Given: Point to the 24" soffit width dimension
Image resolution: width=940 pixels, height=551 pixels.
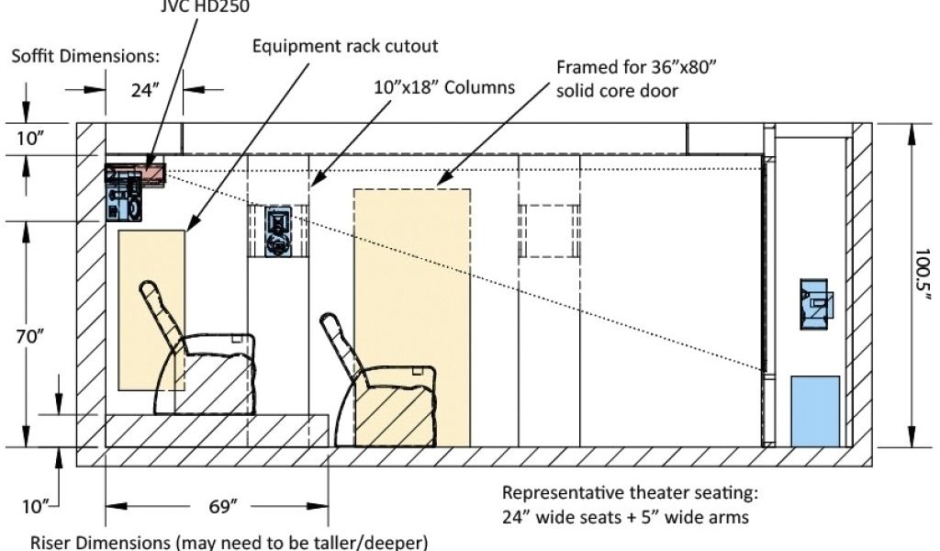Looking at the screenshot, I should (142, 89).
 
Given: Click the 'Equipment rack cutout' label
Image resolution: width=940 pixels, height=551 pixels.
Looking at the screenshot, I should (345, 45).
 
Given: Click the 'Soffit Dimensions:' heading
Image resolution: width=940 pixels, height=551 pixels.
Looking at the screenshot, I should (85, 56).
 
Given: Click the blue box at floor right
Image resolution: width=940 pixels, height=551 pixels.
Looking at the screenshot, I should (815, 410).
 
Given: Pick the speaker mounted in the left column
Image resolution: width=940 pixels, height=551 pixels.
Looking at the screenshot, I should (277, 231).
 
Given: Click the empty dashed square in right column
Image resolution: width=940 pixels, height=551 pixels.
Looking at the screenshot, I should (549, 231).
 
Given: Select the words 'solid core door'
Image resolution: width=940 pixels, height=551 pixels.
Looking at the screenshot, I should (617, 91).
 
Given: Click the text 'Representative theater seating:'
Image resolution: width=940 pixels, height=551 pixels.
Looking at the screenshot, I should (632, 492).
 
